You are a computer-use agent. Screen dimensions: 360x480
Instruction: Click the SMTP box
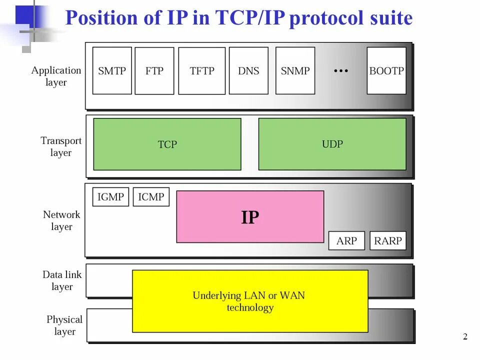(112, 70)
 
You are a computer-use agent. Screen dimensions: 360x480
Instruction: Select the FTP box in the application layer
(154, 71)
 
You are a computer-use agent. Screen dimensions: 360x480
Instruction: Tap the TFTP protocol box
(202, 71)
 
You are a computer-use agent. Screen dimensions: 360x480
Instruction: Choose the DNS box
(248, 70)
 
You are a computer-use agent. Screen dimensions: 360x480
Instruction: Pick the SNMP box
(295, 70)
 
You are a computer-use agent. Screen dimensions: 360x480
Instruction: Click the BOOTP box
(386, 70)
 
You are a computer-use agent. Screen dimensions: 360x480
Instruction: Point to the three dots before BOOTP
(340, 71)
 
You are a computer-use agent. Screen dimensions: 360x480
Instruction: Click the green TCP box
(167, 144)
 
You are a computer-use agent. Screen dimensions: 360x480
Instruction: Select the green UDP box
(332, 144)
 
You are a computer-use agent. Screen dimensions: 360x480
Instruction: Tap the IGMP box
(110, 197)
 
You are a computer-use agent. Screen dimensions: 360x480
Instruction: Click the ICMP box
(151, 197)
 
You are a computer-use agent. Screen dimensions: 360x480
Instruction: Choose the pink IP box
(250, 217)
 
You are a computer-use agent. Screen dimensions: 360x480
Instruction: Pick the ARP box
(346, 241)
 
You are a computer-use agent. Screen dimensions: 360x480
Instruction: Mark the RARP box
(388, 241)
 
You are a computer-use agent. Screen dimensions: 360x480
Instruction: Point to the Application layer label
(56, 76)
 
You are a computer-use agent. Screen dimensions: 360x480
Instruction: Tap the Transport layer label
(61, 146)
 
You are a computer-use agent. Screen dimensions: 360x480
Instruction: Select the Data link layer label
(62, 280)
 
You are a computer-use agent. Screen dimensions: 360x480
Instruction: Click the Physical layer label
(64, 325)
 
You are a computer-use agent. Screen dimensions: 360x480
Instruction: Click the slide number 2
(465, 337)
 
